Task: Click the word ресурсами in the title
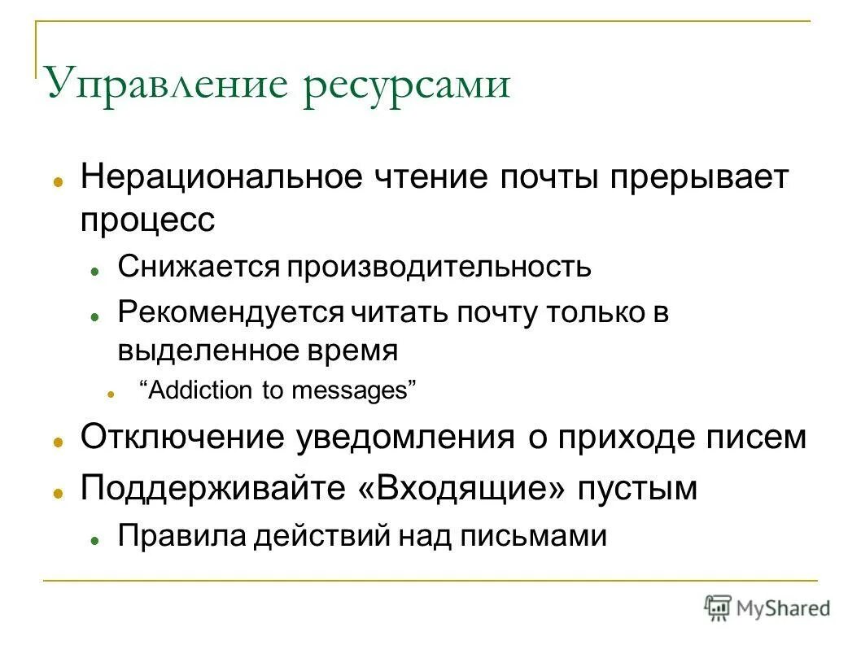(406, 85)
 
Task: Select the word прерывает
(697, 177)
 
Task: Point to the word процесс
(147, 220)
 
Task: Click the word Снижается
(196, 267)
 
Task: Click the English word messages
(354, 390)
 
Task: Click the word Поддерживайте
(212, 489)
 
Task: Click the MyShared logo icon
(718, 607)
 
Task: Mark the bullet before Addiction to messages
(109, 393)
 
